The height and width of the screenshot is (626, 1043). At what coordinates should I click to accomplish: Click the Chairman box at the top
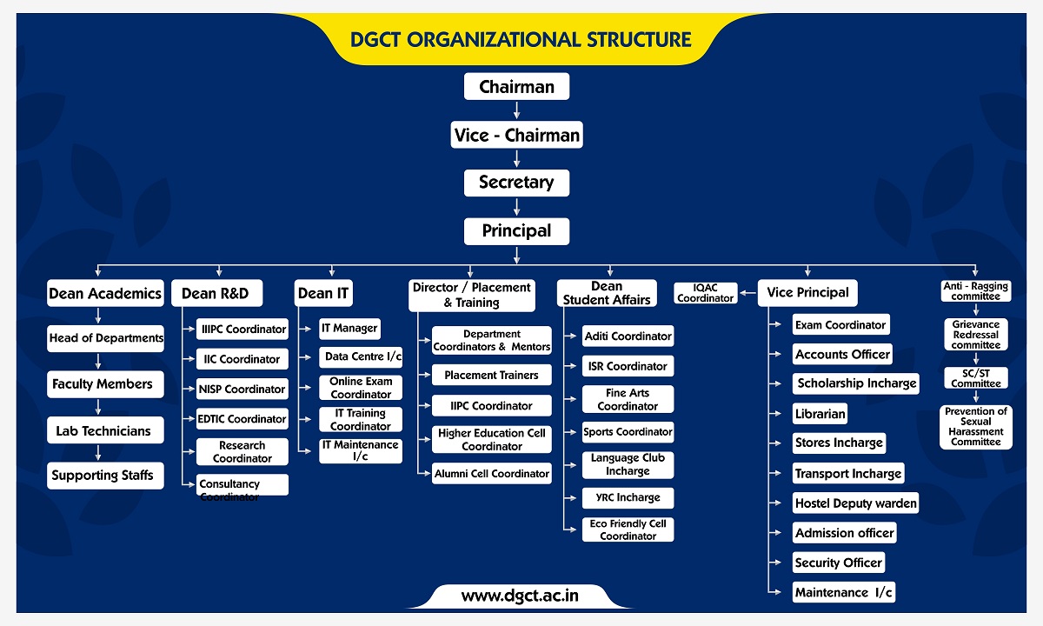coord(516,86)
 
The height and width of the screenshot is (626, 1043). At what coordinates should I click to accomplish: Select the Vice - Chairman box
coord(516,135)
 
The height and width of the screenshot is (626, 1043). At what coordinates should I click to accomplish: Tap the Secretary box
coord(516,183)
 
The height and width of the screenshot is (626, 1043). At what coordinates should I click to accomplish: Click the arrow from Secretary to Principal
coord(516,207)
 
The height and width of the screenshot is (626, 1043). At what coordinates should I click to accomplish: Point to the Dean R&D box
coord(216,293)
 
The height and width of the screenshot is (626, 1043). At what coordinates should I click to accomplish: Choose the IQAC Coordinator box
coord(706,293)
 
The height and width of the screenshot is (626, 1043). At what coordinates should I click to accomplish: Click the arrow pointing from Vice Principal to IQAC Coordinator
coord(747,293)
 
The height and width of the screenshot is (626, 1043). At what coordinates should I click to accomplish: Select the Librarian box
coord(820,414)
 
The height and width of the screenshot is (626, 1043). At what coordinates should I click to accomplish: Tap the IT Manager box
coord(349,329)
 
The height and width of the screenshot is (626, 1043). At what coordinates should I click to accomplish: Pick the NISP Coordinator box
coord(242,389)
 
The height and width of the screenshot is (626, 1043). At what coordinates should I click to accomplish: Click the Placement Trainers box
coord(492,375)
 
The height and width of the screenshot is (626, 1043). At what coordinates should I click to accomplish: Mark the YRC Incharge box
coord(628,498)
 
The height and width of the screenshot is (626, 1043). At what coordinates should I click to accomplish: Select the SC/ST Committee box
coord(976,378)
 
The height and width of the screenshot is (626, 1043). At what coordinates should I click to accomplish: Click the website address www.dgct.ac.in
coord(520,596)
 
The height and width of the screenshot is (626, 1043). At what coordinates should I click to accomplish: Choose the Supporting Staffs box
coord(105,476)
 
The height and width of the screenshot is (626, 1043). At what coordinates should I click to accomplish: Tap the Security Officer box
coord(839,563)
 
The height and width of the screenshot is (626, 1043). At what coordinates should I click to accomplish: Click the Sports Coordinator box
coord(628,432)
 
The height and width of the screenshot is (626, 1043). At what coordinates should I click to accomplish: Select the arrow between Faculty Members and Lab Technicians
coord(97,407)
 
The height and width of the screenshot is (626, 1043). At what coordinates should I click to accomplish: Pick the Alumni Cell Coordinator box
coord(492,474)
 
